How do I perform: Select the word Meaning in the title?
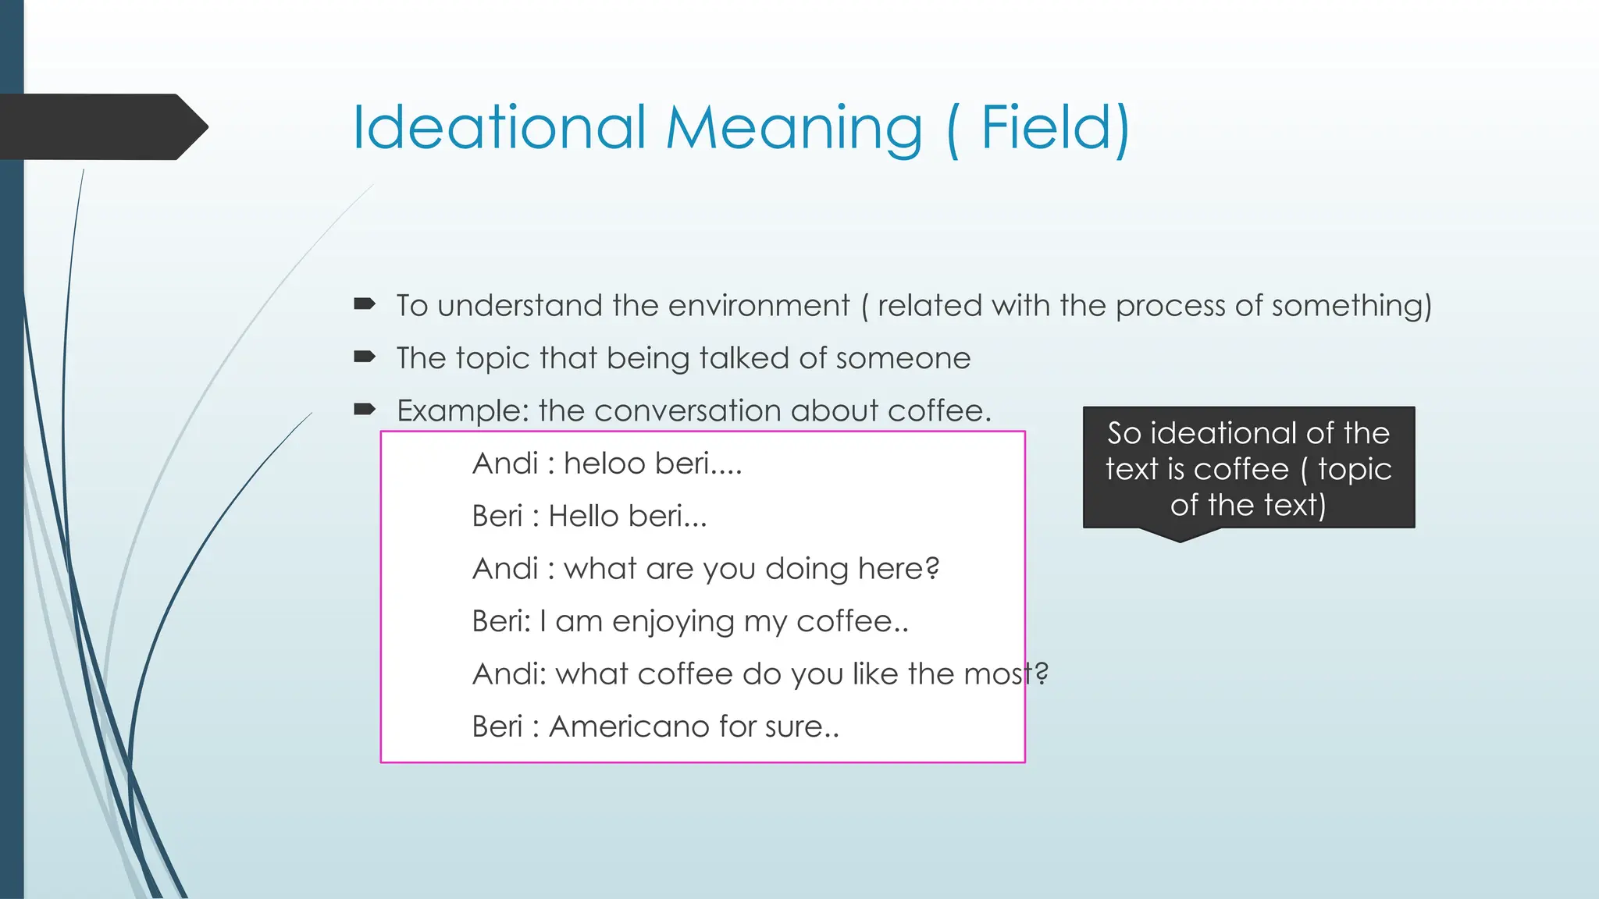pyautogui.click(x=794, y=129)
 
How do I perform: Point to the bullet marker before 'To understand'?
pyautogui.click(x=365, y=304)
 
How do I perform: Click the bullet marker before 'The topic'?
pyautogui.click(x=365, y=357)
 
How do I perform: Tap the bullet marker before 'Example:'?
pyautogui.click(x=365, y=409)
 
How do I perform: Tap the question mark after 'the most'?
pyautogui.click(x=1042, y=673)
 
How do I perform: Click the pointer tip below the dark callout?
pyautogui.click(x=1180, y=538)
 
